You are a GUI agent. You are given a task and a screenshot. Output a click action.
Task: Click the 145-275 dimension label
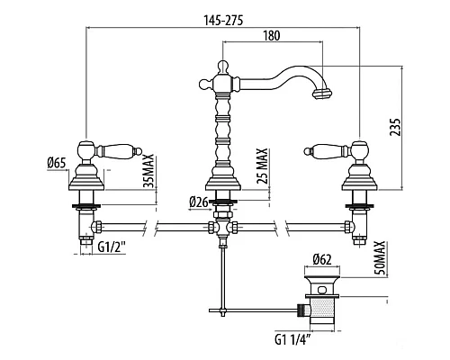click(223, 21)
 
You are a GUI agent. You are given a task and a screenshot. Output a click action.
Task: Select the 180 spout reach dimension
click(272, 36)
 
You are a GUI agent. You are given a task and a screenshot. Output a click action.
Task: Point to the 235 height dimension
click(395, 127)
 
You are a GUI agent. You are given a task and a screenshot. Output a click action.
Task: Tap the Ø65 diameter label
click(57, 163)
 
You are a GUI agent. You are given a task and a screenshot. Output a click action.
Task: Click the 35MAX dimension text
click(148, 171)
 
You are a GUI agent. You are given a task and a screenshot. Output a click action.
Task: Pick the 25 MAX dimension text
click(262, 166)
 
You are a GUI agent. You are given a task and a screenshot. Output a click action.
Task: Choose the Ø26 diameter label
click(199, 202)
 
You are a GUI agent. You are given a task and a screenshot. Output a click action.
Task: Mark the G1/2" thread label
click(112, 247)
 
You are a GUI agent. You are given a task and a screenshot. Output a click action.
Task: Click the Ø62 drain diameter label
click(322, 259)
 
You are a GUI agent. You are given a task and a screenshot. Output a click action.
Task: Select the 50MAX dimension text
click(380, 257)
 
